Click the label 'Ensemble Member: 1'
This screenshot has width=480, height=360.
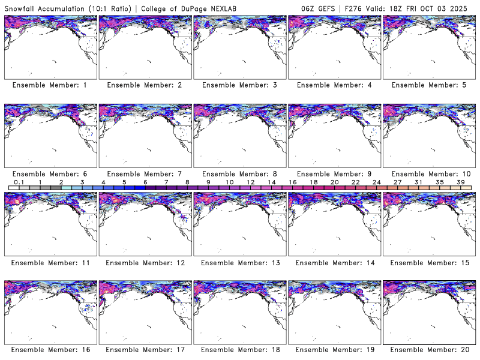50,85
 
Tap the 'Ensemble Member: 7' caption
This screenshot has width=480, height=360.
145,173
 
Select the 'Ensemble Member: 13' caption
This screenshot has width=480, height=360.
239,262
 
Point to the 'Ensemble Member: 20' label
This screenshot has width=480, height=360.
429,350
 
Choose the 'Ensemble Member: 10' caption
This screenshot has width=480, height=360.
429,173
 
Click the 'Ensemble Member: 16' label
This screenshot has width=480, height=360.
50,350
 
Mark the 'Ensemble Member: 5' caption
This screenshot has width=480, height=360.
429,85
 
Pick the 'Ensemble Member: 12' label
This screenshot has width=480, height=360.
145,262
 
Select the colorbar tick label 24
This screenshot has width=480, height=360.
376,182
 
